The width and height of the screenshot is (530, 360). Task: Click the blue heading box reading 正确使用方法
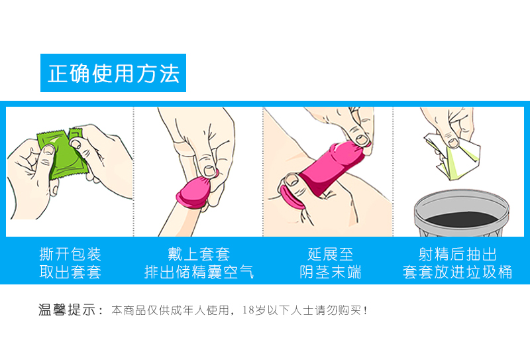click(x=113, y=73)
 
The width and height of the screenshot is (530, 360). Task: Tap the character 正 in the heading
click(x=58, y=74)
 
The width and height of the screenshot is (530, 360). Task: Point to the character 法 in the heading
click(x=169, y=74)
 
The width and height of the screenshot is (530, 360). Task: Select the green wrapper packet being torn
click(x=62, y=154)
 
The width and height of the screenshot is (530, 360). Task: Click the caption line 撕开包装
click(x=70, y=254)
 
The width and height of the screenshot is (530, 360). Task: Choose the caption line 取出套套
click(x=70, y=272)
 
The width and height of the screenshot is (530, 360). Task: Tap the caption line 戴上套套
click(x=199, y=254)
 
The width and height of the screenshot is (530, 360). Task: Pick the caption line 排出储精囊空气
click(x=199, y=272)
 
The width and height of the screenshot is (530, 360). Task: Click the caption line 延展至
click(x=330, y=254)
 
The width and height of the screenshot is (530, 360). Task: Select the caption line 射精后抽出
click(x=457, y=254)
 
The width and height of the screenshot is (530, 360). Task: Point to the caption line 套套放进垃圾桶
click(x=457, y=272)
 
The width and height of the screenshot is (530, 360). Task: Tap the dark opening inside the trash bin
click(x=461, y=219)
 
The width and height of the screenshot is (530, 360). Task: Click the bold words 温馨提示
click(x=67, y=310)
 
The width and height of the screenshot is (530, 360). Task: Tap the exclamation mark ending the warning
click(x=365, y=310)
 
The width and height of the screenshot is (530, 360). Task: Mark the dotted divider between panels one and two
click(x=134, y=172)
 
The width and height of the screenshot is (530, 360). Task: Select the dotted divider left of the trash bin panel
click(x=393, y=172)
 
